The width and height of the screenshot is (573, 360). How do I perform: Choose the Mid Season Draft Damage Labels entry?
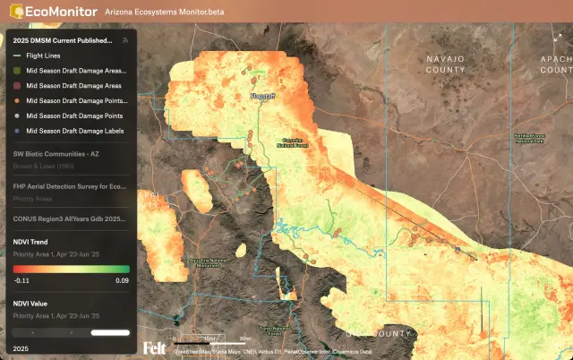(75, 131)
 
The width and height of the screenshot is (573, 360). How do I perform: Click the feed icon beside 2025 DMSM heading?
(125, 40)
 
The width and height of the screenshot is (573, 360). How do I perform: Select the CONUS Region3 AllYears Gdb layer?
(68, 218)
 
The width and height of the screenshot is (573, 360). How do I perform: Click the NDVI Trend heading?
(31, 242)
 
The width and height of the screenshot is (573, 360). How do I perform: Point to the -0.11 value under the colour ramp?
(21, 280)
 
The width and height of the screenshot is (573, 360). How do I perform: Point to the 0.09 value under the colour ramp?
(123, 280)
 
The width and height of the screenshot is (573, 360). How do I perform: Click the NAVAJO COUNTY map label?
(446, 64)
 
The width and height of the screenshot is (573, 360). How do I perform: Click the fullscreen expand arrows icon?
(558, 37)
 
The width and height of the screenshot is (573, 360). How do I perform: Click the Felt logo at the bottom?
(154, 347)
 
